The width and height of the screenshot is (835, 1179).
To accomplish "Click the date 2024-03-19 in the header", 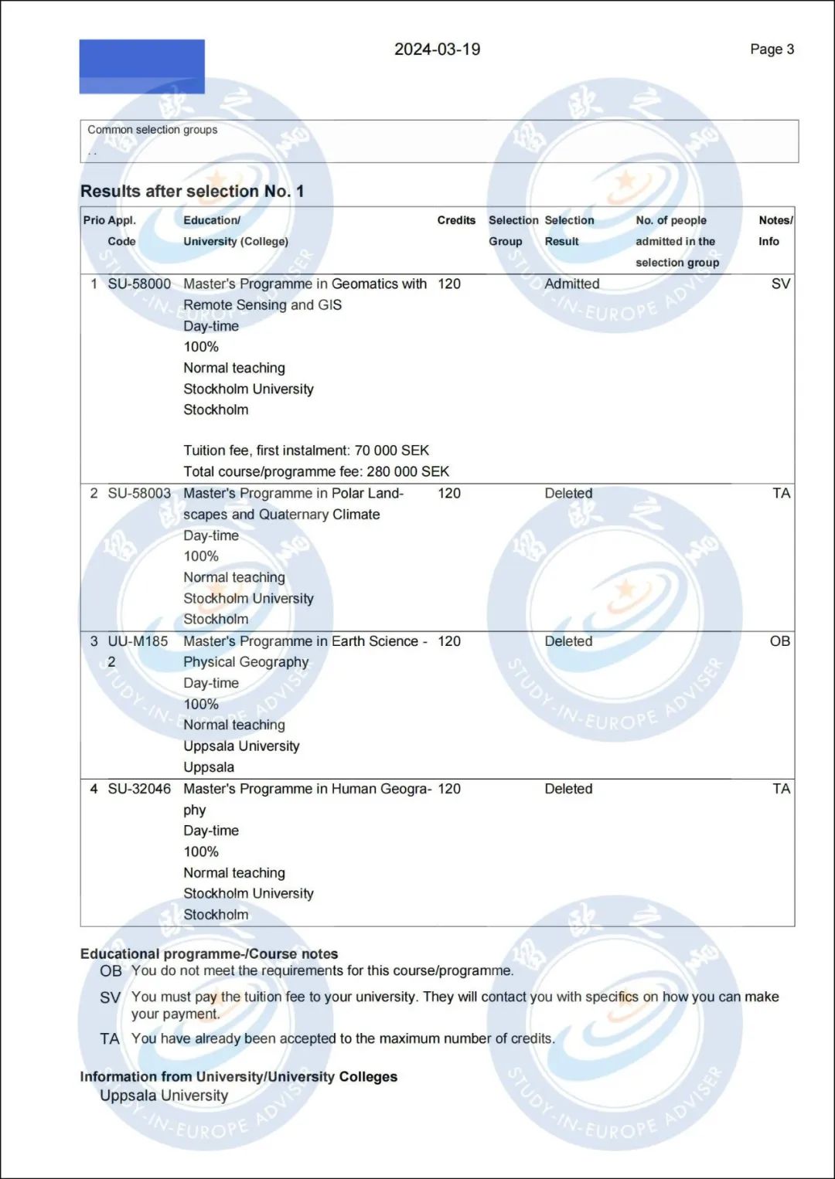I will pos(437,49).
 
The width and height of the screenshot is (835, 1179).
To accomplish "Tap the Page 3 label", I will pos(772,49).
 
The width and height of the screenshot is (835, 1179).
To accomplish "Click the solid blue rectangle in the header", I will pos(141,66).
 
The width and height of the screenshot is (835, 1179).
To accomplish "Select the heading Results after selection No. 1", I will pos(192,191).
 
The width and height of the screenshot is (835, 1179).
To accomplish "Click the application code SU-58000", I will pos(139,284).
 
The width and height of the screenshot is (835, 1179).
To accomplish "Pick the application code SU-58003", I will pos(139,493).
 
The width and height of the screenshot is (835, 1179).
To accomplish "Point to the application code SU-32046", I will pos(139,789).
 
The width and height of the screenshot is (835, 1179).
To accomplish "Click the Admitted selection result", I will pos(571,284).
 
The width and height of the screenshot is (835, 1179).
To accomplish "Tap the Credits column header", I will pos(456,220).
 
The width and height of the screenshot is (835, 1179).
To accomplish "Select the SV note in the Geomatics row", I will pos(780,284).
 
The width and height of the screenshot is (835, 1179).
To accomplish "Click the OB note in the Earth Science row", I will pos(779,641).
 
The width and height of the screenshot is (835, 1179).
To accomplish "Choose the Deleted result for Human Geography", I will pos(568,789).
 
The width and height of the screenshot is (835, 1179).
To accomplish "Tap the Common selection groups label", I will pos(152,130).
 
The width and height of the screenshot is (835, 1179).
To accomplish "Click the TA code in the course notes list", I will pos(110,1039).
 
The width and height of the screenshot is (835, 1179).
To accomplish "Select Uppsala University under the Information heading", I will pos(164,1096).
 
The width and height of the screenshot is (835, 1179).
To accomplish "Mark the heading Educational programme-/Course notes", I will pos(209,953).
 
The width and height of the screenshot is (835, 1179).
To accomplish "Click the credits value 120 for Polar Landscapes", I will pos(448,493).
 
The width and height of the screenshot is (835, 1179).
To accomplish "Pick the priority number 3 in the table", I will pos(94,641).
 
